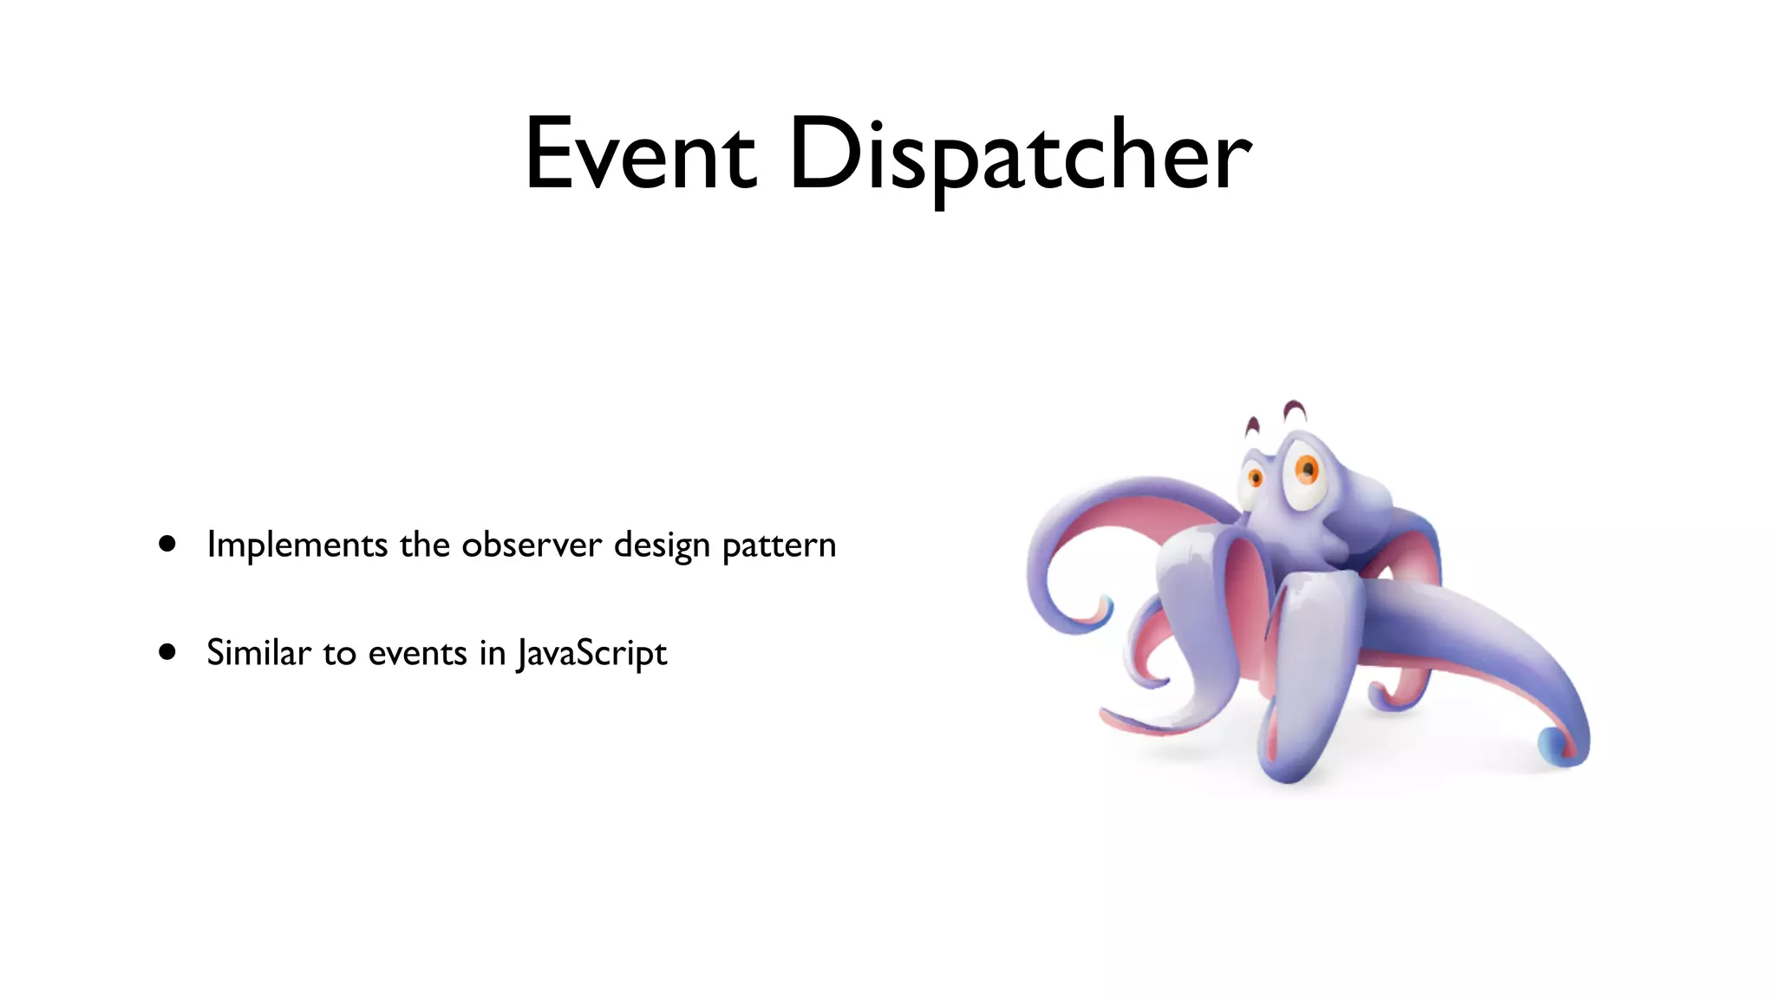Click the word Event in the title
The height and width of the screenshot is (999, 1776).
pos(640,154)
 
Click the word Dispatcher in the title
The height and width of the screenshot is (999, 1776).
pos(1020,154)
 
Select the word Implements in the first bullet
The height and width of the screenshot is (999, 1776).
pos(297,545)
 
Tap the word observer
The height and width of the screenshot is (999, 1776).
pos(531,545)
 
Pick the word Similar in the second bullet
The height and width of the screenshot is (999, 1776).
pos(258,653)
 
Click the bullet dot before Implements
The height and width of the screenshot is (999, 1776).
pos(167,544)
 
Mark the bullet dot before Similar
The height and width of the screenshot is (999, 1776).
pos(167,651)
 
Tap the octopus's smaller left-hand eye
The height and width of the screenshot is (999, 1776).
pos(1254,478)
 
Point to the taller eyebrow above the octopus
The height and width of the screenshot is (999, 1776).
pos(1295,409)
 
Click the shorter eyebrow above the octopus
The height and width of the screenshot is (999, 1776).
pos(1251,426)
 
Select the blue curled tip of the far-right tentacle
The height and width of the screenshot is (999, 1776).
pos(1552,744)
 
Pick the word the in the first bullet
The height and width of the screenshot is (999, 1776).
pos(425,545)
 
